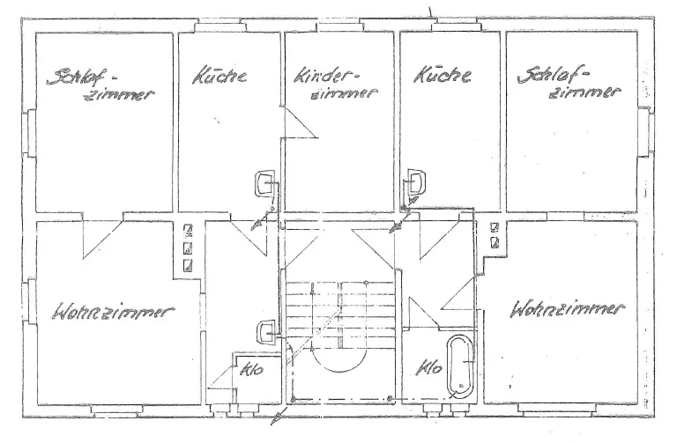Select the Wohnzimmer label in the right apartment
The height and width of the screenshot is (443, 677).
pos(569,310)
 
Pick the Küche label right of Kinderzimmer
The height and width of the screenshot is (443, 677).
pos(441,76)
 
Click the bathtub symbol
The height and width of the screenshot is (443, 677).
pos(460,363)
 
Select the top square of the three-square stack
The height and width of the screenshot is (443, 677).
pos(188,230)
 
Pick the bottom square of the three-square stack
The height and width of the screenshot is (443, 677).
pos(188,263)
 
